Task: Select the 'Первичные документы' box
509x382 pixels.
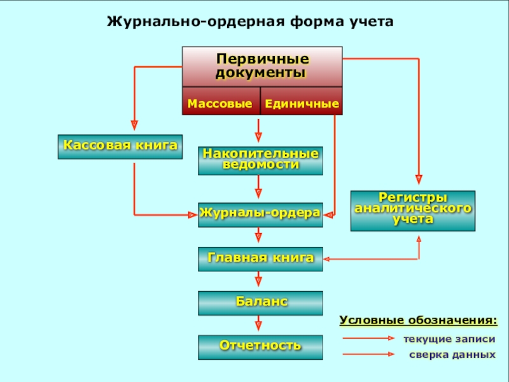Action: click(x=262, y=66)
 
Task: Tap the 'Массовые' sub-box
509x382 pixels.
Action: click(x=220, y=103)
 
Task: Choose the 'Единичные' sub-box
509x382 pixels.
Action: click(x=301, y=103)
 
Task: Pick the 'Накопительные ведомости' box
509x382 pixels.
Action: click(x=260, y=160)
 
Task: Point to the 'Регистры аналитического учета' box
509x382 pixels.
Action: click(x=412, y=210)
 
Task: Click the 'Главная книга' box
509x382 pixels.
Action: click(x=260, y=258)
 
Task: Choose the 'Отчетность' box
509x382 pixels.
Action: click(x=260, y=346)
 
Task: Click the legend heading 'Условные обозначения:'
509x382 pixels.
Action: click(x=417, y=319)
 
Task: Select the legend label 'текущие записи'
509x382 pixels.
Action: click(x=449, y=339)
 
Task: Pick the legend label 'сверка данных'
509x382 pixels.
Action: click(x=451, y=355)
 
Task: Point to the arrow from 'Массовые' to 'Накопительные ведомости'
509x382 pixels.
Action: click(x=259, y=130)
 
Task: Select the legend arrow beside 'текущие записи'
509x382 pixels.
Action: click(x=369, y=339)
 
